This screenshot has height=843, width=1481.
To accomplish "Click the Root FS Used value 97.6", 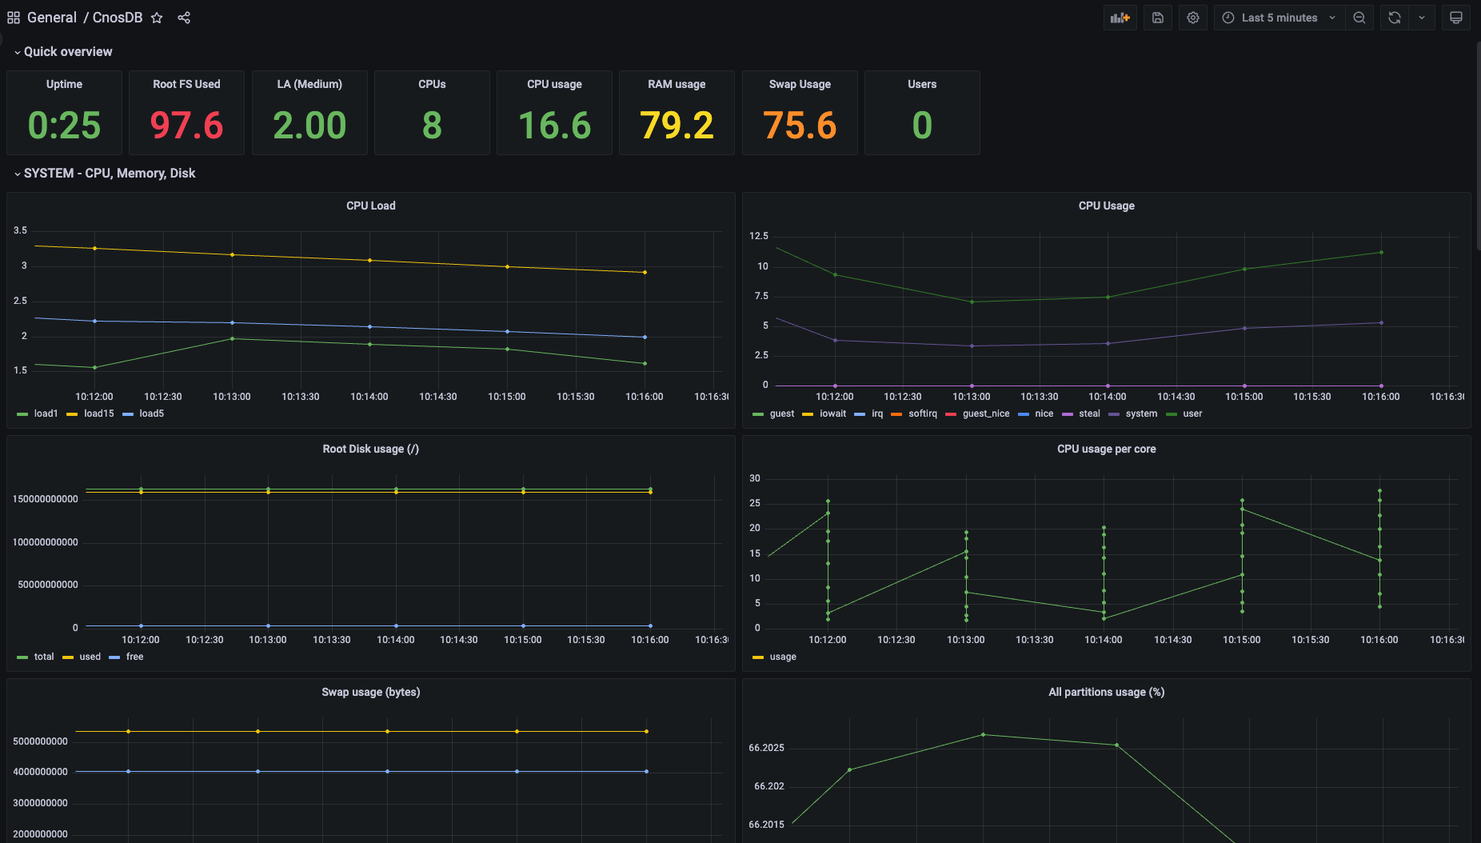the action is point(186,126).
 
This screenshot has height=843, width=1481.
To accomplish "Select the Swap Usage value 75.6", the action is point(800,126).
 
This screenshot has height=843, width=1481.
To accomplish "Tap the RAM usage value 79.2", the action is point(677,126).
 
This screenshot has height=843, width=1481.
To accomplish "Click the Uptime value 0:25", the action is point(64,126).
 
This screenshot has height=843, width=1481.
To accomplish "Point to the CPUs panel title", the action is point(432,84).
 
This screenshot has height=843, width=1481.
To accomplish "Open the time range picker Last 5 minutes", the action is point(1279,18).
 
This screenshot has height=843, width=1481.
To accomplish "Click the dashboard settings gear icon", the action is point(1193,18).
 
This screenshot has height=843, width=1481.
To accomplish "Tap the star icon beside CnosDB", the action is point(157,18).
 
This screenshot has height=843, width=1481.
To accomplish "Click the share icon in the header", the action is point(184,18).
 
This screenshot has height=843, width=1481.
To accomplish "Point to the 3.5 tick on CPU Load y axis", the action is point(20,230).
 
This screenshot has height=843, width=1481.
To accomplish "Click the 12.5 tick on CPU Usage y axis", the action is point(759,236).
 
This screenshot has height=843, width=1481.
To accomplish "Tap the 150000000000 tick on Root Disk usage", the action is point(46,499).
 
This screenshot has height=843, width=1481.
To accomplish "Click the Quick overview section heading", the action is point(68,52).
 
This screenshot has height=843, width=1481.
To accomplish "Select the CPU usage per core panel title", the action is point(1107,449).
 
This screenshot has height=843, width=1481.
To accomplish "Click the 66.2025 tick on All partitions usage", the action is point(766,748).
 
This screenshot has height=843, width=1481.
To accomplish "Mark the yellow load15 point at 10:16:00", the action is point(645,273).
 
